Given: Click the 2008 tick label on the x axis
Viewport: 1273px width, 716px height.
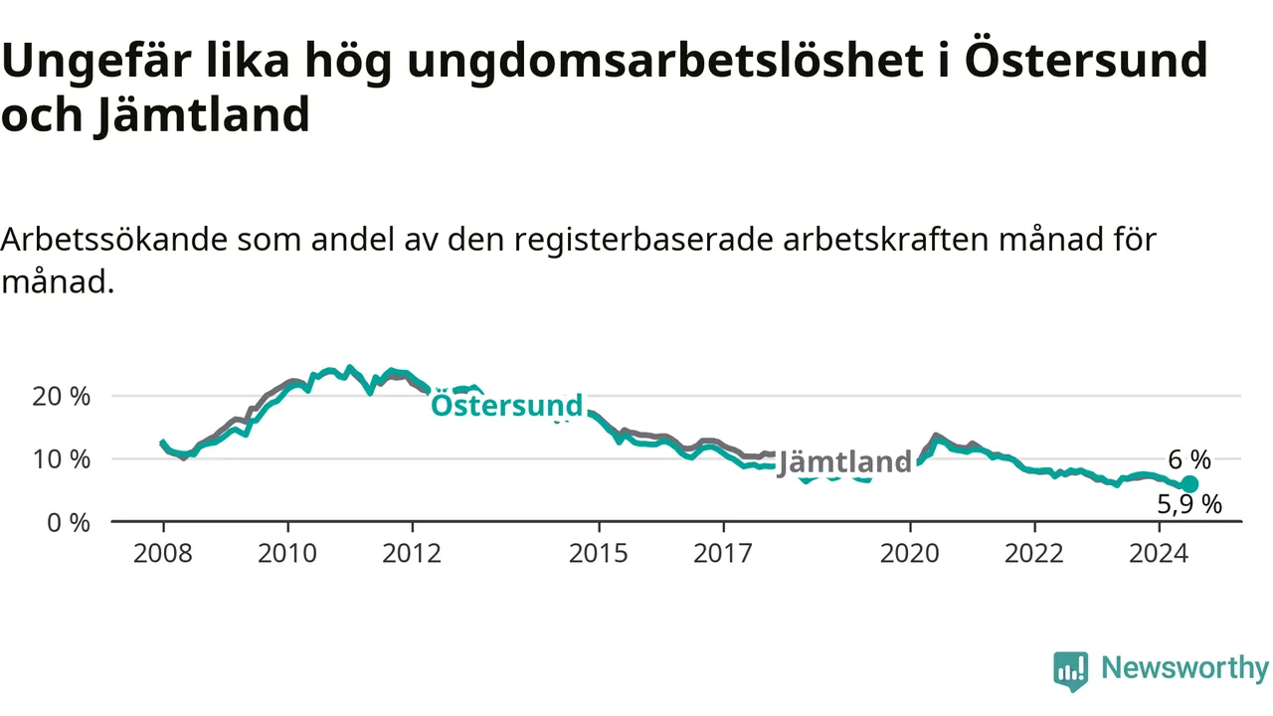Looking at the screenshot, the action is [163, 554].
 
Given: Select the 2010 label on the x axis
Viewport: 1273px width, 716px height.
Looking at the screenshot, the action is [287, 554].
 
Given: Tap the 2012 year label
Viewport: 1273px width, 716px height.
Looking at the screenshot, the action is [412, 554].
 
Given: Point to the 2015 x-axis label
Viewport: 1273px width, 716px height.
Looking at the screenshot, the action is [599, 554].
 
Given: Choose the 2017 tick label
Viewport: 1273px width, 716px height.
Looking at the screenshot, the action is [723, 554].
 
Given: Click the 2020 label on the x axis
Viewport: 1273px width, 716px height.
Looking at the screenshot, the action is [910, 554].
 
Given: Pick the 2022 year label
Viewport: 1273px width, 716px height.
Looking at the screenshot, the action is [1034, 554].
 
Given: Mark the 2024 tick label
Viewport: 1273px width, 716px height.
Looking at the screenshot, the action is [1159, 554].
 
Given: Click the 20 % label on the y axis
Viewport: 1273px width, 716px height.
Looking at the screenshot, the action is [62, 397].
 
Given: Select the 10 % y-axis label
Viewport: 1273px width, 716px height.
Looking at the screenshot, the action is [62, 459].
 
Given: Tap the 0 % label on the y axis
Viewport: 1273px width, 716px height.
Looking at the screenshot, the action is [69, 523].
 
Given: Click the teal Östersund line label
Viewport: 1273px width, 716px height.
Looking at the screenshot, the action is [507, 405].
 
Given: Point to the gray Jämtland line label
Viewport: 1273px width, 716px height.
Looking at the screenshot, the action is [844, 462].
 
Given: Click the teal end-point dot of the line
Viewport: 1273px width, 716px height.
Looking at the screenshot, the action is [1190, 484].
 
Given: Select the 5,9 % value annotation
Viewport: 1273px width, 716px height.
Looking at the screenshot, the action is [1190, 504].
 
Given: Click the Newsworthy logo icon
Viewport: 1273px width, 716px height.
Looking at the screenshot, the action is [1071, 671].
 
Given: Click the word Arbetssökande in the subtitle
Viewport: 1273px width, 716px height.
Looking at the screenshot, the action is [114, 240].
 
